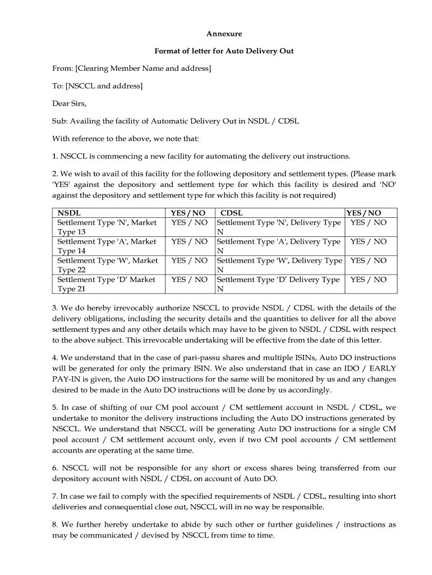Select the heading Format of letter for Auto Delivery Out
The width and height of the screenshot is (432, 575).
point(224,51)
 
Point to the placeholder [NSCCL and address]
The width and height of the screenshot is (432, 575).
point(104,86)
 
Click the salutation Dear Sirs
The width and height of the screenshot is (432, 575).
point(70,103)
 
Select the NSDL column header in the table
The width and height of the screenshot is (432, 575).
point(69,213)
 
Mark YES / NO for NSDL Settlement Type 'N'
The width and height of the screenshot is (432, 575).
point(189,223)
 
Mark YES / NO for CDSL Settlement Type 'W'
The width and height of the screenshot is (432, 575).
point(369,261)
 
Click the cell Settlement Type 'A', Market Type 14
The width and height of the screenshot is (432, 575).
point(107,246)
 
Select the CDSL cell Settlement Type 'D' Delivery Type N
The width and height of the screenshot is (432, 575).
point(278,284)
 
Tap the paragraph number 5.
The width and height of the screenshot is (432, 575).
point(55,408)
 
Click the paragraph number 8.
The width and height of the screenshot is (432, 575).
point(55,524)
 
